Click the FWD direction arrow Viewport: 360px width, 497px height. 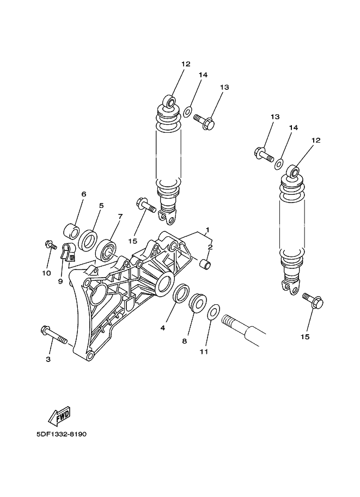59,416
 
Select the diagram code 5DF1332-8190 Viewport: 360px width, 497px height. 62,434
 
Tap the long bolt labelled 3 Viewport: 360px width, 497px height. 54,335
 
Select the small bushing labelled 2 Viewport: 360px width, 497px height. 205,263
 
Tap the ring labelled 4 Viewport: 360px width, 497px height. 181,293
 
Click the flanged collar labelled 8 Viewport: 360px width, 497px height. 198,304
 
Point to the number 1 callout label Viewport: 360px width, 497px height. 208,229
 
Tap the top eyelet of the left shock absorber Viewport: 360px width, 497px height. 170,102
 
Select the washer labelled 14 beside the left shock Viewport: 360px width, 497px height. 188,111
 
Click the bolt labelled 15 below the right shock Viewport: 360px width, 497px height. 313,300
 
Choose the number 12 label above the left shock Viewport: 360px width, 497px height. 186,64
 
